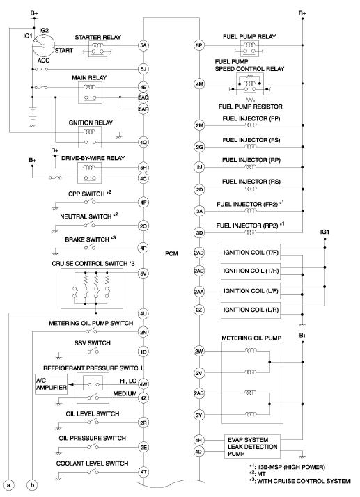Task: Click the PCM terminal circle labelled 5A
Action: pos(143,45)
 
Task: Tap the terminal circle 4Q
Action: pos(143,142)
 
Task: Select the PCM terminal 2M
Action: pos(199,125)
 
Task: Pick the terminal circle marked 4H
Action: pos(198,440)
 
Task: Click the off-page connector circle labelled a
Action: pos(9,485)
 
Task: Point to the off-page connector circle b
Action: pos(32,485)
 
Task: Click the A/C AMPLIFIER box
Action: pos(51,384)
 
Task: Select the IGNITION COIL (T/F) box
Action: pos(251,252)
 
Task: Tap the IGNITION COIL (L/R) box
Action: pos(251,310)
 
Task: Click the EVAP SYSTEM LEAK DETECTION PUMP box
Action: pos(252,447)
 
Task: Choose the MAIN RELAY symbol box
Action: pos(90,93)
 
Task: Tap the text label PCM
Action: pos(171,253)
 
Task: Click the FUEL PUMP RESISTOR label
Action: pos(250,106)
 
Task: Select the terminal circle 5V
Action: pos(143,274)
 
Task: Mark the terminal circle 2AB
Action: pos(199,393)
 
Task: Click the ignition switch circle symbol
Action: pos(43,46)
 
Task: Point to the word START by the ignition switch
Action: pos(64,50)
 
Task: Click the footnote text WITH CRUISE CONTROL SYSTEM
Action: pos(304,481)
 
